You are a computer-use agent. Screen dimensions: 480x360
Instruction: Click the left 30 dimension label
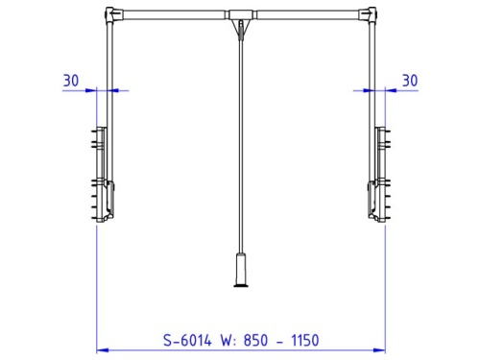(71, 81)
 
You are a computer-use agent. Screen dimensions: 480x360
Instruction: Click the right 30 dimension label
(410, 81)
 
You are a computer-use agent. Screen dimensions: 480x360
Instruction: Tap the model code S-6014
(187, 340)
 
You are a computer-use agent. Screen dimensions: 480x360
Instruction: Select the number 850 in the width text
(255, 340)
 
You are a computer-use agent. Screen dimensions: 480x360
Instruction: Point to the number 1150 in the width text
(305, 340)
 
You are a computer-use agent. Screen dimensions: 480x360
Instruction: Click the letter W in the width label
(227, 340)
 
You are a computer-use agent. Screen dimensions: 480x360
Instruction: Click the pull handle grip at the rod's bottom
(241, 270)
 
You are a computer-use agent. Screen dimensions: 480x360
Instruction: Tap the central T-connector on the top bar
(241, 14)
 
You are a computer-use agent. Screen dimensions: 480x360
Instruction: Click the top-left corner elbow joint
(110, 14)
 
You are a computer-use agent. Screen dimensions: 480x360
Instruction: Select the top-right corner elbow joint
(371, 14)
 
